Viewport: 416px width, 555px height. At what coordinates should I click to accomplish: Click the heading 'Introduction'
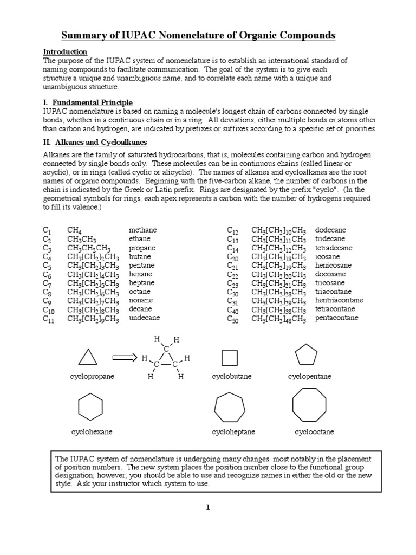65,52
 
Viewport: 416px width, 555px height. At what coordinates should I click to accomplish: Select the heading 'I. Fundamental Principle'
88,102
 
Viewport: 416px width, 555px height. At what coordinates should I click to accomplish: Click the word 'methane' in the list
142,230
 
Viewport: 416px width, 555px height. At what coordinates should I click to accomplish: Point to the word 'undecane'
144,318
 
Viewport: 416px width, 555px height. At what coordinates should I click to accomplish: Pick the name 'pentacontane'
336,318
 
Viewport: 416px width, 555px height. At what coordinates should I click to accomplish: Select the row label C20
233,257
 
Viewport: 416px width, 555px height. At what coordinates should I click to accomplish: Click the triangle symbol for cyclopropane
88,357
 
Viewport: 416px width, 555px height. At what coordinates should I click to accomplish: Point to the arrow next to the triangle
126,357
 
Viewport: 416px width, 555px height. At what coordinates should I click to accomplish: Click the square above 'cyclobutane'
230,358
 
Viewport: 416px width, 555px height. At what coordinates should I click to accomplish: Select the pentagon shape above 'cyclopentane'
306,356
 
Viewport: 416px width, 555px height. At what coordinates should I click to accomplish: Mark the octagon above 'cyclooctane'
309,405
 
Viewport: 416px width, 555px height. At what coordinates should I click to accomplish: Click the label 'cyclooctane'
314,432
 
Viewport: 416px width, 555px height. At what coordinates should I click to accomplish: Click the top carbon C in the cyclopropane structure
166,349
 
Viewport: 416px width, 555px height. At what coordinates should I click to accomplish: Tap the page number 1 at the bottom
207,507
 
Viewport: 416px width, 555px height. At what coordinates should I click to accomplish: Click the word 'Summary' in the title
82,36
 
